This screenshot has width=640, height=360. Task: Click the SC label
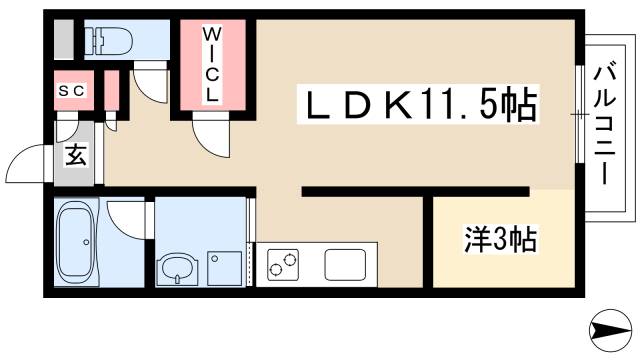tap(70, 91)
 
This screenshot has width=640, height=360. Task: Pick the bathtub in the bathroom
tap(75, 244)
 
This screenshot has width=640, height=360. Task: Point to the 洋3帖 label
tap(501, 240)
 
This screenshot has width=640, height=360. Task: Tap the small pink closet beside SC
tap(110, 92)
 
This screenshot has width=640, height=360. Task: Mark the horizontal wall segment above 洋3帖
tap(415, 190)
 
